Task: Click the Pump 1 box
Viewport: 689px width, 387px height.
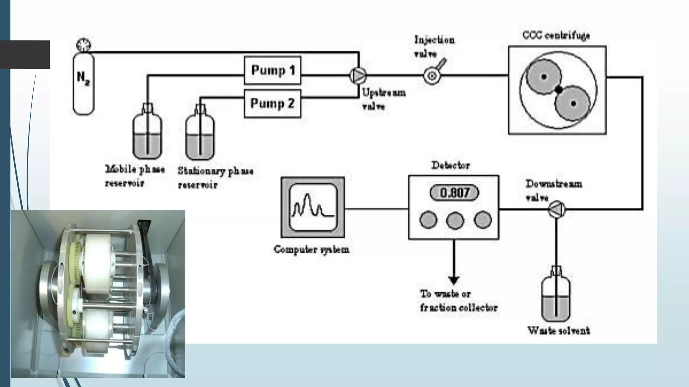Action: point(272,70)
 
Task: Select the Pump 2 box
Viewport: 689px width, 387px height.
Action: point(272,103)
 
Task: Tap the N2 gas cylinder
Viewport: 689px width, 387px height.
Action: point(83,84)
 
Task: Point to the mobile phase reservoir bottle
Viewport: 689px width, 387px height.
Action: point(147,134)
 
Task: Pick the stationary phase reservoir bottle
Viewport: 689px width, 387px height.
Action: point(200,136)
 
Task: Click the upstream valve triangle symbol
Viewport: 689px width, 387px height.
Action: point(358,76)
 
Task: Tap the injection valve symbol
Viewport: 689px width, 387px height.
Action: point(432,76)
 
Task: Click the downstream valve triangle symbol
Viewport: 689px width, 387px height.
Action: point(556,209)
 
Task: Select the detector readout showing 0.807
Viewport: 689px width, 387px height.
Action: point(454,193)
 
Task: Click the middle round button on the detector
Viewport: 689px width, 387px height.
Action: point(455,220)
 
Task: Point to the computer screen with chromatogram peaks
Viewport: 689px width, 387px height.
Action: point(313,207)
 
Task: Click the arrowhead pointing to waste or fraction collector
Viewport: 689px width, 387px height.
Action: point(454,280)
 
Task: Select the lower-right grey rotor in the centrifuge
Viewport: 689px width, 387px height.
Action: point(573,103)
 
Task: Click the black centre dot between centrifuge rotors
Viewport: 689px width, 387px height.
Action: point(558,90)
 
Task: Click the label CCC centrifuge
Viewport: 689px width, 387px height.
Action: point(556,35)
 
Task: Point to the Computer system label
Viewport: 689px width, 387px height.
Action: point(311,249)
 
